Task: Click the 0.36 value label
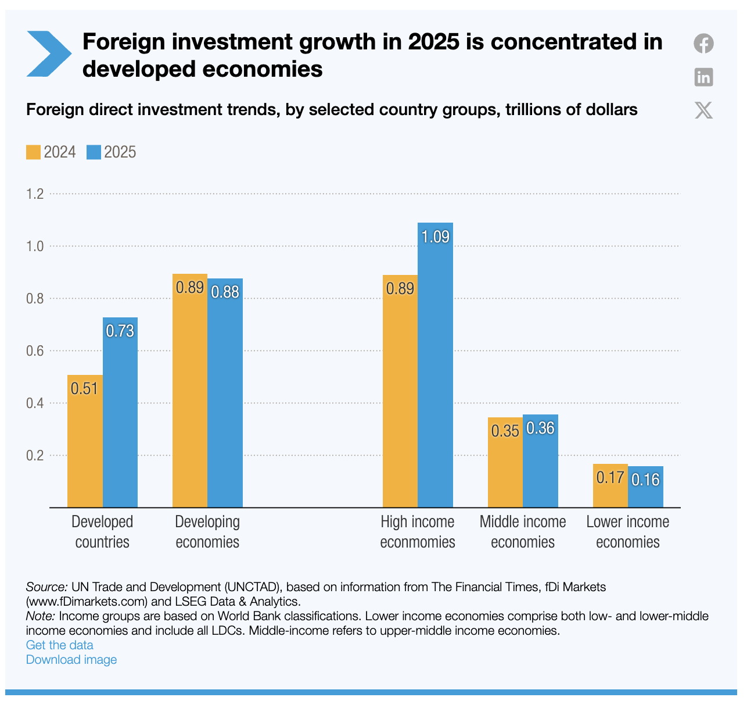pyautogui.click(x=541, y=428)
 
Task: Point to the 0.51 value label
pyautogui.click(x=85, y=388)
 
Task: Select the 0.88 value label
pyautogui.click(x=225, y=292)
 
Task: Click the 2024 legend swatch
pyautogui.click(x=33, y=152)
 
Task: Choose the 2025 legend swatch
pyautogui.click(x=94, y=152)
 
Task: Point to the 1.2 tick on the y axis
pyautogui.click(x=35, y=194)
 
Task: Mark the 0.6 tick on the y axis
pyautogui.click(x=35, y=351)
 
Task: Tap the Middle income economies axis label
pyautogui.click(x=523, y=532)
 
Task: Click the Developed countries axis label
pyautogui.click(x=102, y=532)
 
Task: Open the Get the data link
pyautogui.click(x=60, y=645)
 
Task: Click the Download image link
pyautogui.click(x=71, y=660)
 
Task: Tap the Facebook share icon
pyautogui.click(x=703, y=44)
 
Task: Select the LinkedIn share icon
pyautogui.click(x=703, y=77)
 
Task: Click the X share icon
pyautogui.click(x=703, y=110)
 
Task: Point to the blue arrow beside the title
pyautogui.click(x=48, y=54)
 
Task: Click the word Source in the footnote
pyautogui.click(x=46, y=587)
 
